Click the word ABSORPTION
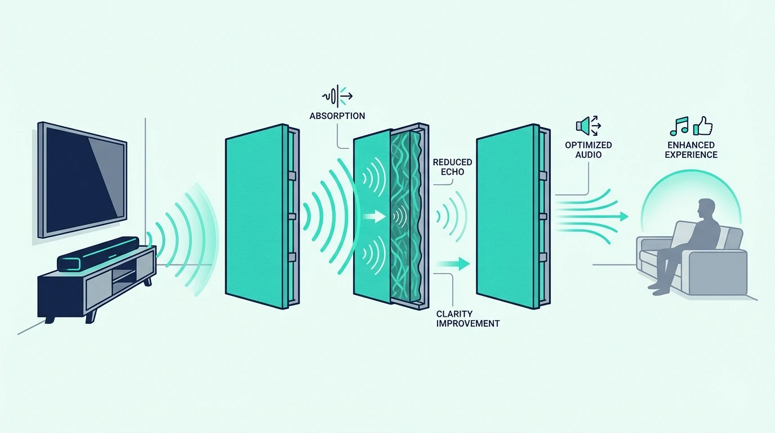click(337, 116)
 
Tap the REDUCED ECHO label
click(452, 167)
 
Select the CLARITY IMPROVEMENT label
click(468, 319)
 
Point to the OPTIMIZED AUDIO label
click(588, 149)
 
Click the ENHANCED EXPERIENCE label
click(691, 149)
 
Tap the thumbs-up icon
click(703, 126)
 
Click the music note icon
click(679, 126)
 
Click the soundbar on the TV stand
click(98, 254)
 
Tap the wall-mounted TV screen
click(82, 180)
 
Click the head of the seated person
click(706, 209)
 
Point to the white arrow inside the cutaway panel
click(374, 217)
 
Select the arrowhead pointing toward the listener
click(624, 217)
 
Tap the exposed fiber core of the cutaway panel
click(406, 218)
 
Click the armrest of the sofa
click(718, 257)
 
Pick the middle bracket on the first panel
click(292, 216)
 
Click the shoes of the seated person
click(659, 289)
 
